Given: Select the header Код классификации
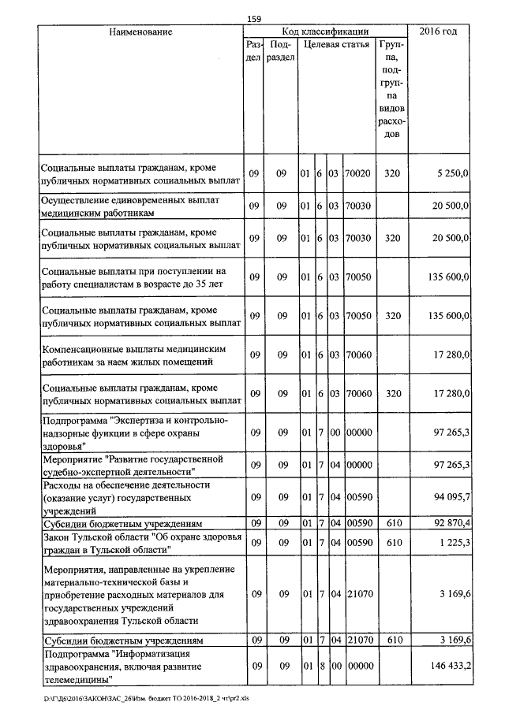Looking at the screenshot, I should [x=325, y=32].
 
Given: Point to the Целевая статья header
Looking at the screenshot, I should [x=336, y=44].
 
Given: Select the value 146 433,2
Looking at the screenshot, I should [x=446, y=667].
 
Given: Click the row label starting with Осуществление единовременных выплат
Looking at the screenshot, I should [x=129, y=206].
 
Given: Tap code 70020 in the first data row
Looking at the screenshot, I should [x=358, y=173].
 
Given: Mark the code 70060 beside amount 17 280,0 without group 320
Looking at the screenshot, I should [x=358, y=355].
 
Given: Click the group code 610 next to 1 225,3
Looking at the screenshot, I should [x=392, y=543].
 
